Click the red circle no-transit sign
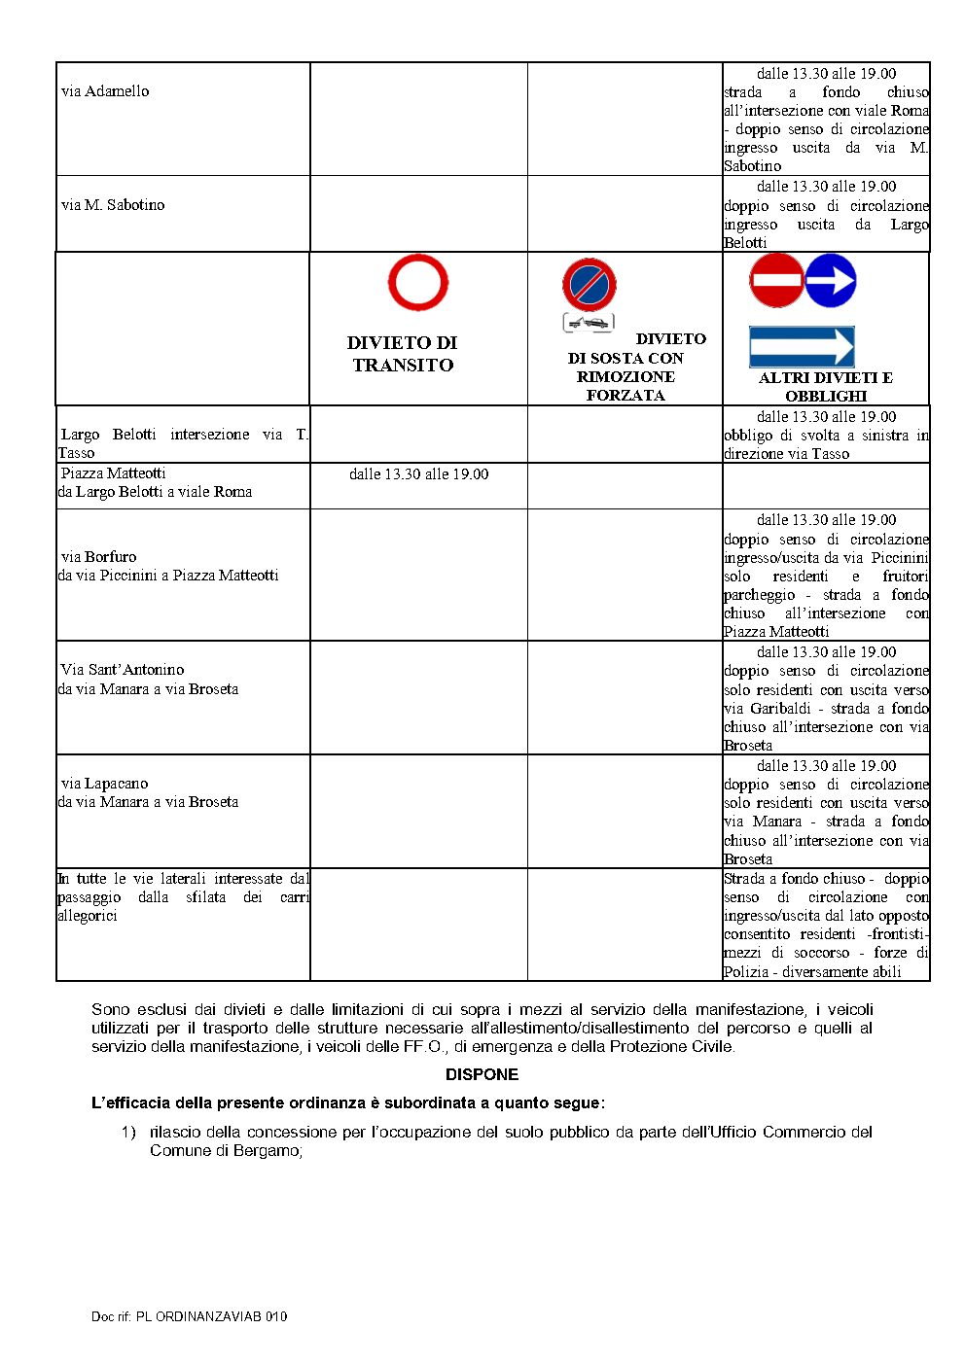click(418, 282)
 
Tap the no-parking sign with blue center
click(590, 285)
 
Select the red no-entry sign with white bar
click(776, 280)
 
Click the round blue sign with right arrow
click(831, 280)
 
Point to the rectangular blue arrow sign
click(802, 347)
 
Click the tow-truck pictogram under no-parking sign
click(589, 323)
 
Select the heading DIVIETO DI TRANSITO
click(403, 354)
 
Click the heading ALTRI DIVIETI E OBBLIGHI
click(826, 387)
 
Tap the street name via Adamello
click(105, 91)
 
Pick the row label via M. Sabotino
click(113, 205)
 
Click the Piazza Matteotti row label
click(113, 473)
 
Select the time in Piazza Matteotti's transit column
click(418, 474)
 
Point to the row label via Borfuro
click(98, 557)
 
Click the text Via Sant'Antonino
click(123, 670)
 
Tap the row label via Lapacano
click(104, 784)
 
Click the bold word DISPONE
click(482, 1074)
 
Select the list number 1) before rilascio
click(128, 1132)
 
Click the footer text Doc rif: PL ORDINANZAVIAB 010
click(189, 1316)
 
